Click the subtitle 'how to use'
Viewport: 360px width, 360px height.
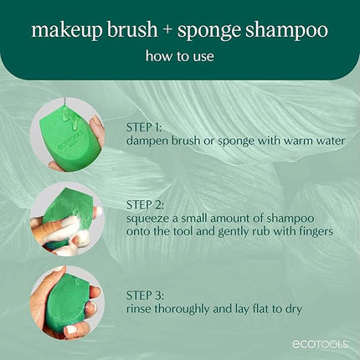click(180, 59)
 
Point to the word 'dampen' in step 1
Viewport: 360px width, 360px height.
click(150, 141)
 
